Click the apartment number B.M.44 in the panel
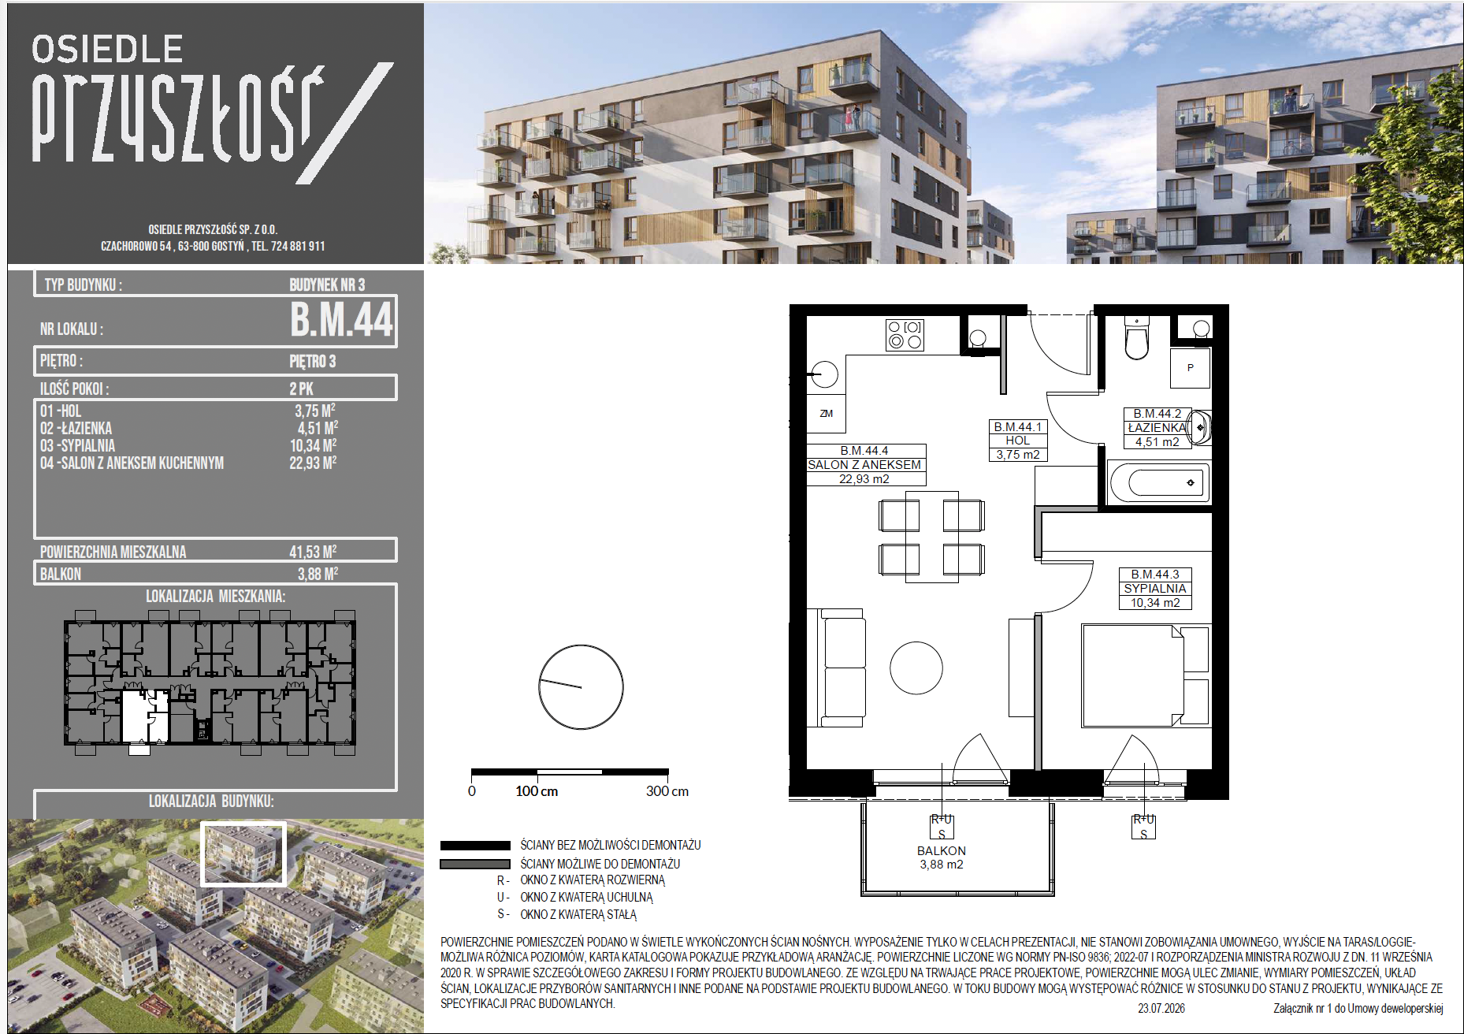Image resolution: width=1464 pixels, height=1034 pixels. coord(341,319)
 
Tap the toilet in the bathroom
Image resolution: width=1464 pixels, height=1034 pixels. coord(1136,339)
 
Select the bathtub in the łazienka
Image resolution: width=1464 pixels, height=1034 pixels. coord(1159,482)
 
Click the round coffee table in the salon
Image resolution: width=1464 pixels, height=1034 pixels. coord(916,668)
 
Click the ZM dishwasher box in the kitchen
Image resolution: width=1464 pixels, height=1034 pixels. coord(827,413)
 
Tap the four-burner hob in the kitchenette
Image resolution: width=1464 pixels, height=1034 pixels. coord(905,335)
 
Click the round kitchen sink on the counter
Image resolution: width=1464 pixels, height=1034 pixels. coord(825,374)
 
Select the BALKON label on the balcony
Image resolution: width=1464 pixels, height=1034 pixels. coord(942,851)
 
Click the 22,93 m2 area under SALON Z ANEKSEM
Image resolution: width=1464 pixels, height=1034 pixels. coord(864,479)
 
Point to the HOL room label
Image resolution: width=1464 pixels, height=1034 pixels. coord(1018,441)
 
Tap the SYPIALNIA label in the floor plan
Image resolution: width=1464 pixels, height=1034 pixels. coord(1155,589)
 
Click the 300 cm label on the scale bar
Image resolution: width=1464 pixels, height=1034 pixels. coord(667,791)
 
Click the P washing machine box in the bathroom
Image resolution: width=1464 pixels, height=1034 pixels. coord(1191,368)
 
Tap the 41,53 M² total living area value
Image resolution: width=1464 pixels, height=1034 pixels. coord(313,552)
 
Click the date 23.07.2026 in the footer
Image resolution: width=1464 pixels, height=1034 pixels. coord(1161,1009)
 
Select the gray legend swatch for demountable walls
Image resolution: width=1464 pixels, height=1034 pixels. coord(475,865)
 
